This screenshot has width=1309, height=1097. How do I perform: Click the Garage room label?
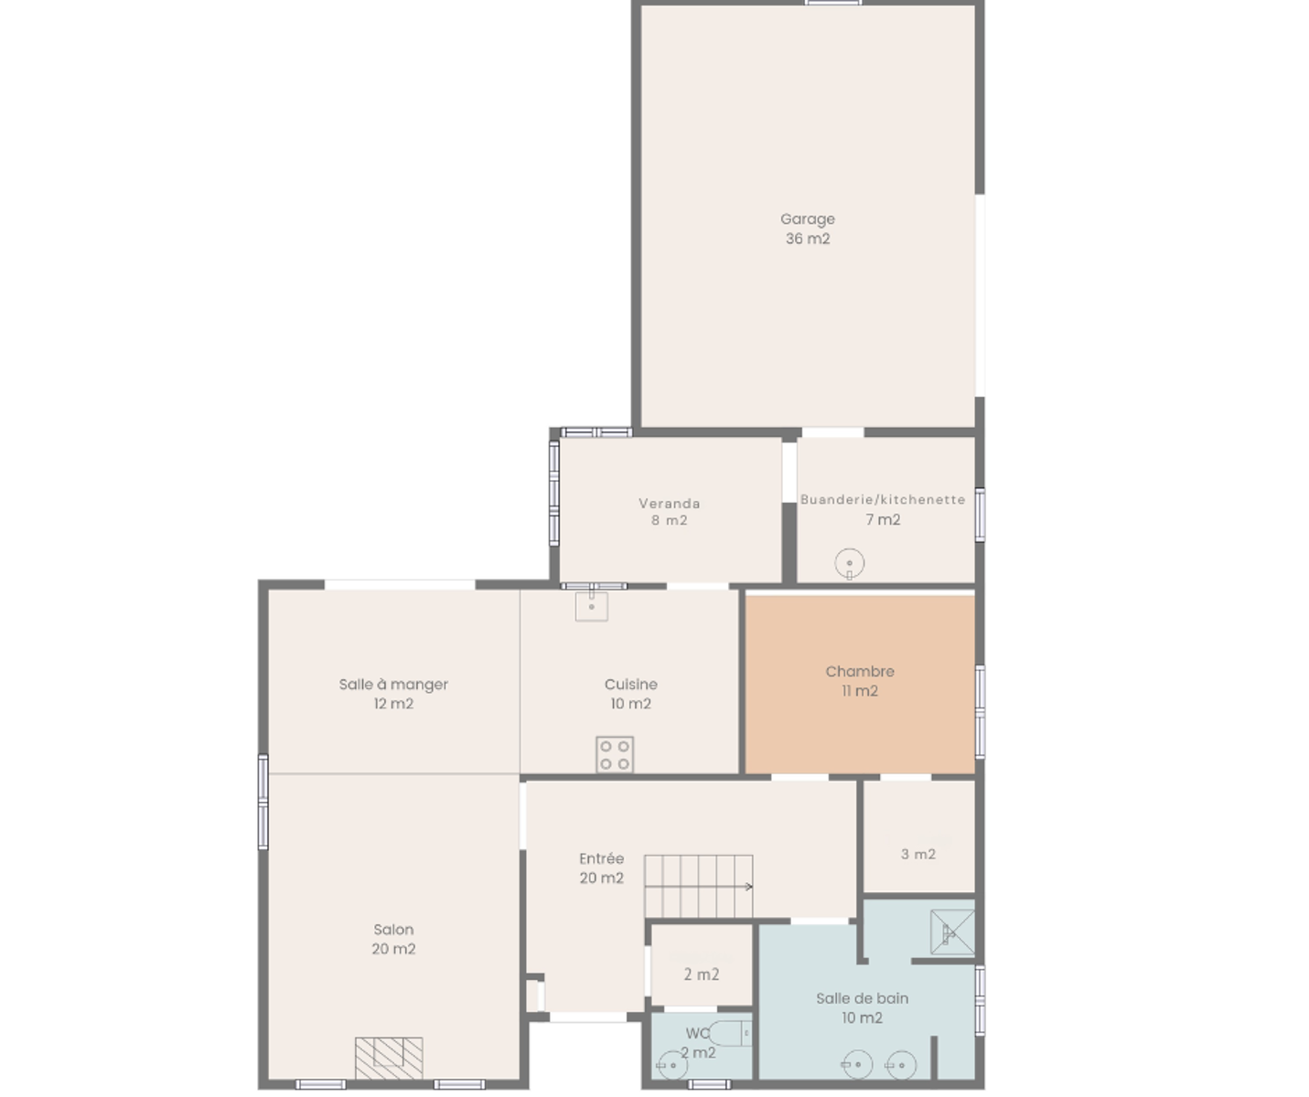pyautogui.click(x=808, y=229)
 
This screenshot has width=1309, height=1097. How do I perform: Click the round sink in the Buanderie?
pyautogui.click(x=850, y=564)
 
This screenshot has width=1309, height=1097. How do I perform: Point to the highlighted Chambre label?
pyautogui.click(x=860, y=681)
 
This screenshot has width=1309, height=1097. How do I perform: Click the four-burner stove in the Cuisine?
pyautogui.click(x=615, y=755)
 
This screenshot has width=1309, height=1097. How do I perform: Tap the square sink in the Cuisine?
pyautogui.click(x=591, y=606)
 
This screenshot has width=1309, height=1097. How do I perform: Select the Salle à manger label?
pyautogui.click(x=393, y=694)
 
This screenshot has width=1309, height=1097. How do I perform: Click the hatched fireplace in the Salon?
pyautogui.click(x=389, y=1059)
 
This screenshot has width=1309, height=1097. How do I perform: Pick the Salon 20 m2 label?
pyautogui.click(x=393, y=939)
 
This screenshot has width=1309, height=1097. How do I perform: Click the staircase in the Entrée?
pyautogui.click(x=698, y=887)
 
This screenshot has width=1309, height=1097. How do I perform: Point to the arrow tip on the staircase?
pyautogui.click(x=752, y=887)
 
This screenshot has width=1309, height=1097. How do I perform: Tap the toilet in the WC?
pyautogui.click(x=730, y=1033)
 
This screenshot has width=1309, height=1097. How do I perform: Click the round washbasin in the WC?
pyautogui.click(x=672, y=1065)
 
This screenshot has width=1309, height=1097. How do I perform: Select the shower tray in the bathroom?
pyautogui.click(x=952, y=932)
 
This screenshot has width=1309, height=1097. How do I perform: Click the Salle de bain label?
pyautogui.click(x=862, y=1008)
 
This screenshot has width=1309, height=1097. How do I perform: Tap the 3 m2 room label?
pyautogui.click(x=918, y=854)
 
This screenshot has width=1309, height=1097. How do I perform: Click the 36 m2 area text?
pyautogui.click(x=808, y=239)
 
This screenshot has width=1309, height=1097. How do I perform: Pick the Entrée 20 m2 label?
pyautogui.click(x=601, y=868)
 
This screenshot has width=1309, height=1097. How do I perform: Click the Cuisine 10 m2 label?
pyautogui.click(x=630, y=694)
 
